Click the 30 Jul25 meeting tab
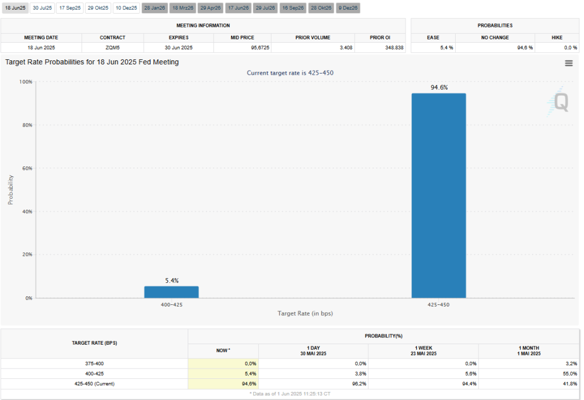[x=42, y=8]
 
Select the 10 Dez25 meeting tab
[x=126, y=8]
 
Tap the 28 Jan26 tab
[x=154, y=8]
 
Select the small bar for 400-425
[x=171, y=292]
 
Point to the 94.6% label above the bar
[x=439, y=87]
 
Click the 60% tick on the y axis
[x=26, y=168]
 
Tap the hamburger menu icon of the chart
[x=569, y=63]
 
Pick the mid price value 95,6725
[x=243, y=47]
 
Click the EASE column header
[x=433, y=38]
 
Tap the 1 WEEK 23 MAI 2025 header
[x=423, y=350]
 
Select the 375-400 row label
[x=95, y=363]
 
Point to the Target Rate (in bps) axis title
[x=305, y=313]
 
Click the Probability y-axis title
[x=10, y=190]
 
